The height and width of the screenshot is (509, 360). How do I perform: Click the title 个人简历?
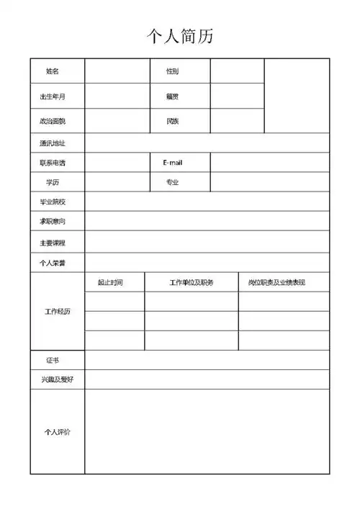click(180, 35)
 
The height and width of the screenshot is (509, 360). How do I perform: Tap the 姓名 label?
click(53, 71)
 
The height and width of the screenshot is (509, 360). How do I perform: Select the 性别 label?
click(173, 71)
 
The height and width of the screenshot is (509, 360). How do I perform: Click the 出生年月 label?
click(53, 96)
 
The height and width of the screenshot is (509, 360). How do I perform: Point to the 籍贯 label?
click(173, 96)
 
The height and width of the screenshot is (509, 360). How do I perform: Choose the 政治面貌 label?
click(53, 121)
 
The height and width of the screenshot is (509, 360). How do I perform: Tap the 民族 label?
click(173, 121)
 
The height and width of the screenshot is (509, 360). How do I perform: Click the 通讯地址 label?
click(53, 143)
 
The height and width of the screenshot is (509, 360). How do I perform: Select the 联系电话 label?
click(53, 163)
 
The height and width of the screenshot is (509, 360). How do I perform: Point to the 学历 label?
click(53, 183)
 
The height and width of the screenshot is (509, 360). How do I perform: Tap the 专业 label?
click(173, 183)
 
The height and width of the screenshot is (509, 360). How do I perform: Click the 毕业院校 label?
click(53, 202)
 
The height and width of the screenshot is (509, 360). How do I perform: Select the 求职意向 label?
click(53, 222)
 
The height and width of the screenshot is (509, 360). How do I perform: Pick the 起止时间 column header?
click(110, 282)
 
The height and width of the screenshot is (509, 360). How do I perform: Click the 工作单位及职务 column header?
click(192, 282)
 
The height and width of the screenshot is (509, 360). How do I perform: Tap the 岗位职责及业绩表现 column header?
click(276, 282)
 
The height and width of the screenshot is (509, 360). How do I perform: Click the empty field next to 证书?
click(207, 359)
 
